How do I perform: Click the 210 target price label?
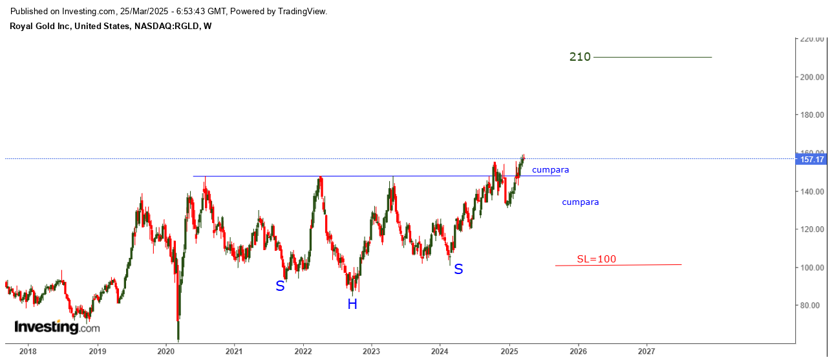(580, 57)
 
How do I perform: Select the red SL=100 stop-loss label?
(596, 259)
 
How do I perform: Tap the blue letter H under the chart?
(352, 304)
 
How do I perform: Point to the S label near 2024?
(458, 269)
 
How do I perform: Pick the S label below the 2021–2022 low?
(280, 286)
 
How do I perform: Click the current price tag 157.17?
(811, 159)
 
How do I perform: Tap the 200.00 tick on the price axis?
(812, 77)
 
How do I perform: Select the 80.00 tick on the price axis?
(812, 305)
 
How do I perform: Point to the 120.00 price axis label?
(812, 229)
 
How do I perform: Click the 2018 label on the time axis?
(28, 351)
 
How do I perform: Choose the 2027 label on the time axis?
(646, 351)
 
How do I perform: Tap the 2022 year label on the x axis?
(303, 351)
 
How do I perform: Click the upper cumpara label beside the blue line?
(550, 170)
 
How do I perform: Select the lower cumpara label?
(580, 202)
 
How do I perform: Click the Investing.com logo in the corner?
(57, 327)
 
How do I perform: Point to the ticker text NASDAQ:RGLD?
(166, 26)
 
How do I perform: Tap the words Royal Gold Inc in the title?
(39, 26)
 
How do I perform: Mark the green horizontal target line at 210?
(652, 58)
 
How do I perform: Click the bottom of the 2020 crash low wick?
(178, 341)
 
